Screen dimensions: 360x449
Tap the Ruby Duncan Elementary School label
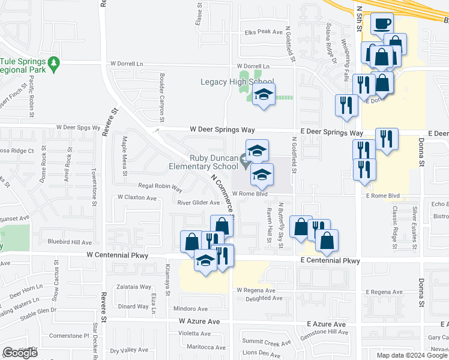tap(214, 163)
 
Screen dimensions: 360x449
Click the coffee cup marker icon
tap(382, 25)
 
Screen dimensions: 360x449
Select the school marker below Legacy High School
tap(263, 95)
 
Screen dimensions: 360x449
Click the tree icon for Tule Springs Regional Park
tap(54, 62)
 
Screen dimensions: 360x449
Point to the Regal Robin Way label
tap(160, 187)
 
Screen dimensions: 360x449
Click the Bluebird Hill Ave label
tap(70, 242)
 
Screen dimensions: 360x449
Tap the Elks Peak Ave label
tap(262, 32)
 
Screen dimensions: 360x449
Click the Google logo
tap(20, 352)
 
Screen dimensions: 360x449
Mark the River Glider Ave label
tap(198, 202)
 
